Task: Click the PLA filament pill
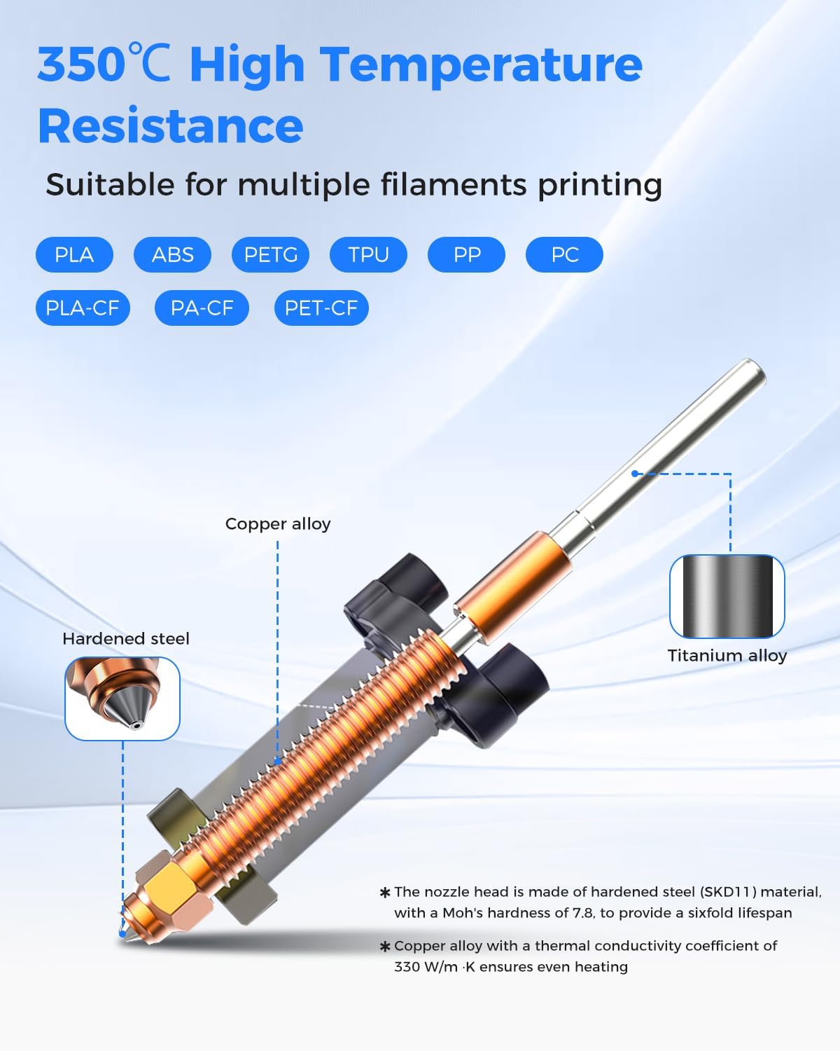pos(74,254)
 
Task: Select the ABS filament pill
pos(172,254)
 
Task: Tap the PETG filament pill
pos(270,254)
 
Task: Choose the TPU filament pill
pos(368,254)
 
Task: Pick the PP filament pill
pos(466,254)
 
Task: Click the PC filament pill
pos(564,254)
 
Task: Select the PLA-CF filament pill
pos(83,308)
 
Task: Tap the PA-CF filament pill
pos(202,308)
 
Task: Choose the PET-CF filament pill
pos(321,308)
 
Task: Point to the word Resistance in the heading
pos(170,126)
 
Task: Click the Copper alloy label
pos(278,524)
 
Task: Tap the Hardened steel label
pos(126,639)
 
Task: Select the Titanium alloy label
pos(727,656)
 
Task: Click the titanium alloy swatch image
pos(727,596)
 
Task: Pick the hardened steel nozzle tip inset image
pos(122,699)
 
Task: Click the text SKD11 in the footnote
pos(727,892)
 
